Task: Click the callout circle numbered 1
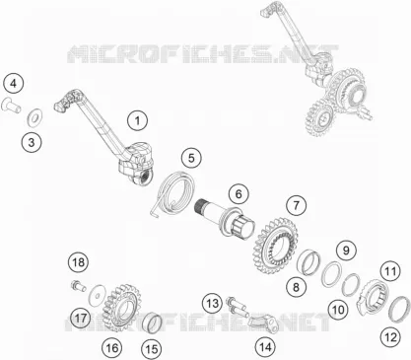[x=137, y=120]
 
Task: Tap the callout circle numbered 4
[x=13, y=84]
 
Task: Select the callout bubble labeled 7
[x=296, y=205]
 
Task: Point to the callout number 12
[x=391, y=337]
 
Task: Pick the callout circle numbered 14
[x=265, y=346]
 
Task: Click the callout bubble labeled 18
[x=78, y=262]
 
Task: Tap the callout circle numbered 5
[x=191, y=158]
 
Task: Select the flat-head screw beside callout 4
[x=11, y=106]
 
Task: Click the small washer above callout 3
[x=34, y=116]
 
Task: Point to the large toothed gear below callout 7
[x=277, y=247]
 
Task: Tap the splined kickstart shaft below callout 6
[x=227, y=218]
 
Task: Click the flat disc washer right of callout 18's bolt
[x=98, y=293]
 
